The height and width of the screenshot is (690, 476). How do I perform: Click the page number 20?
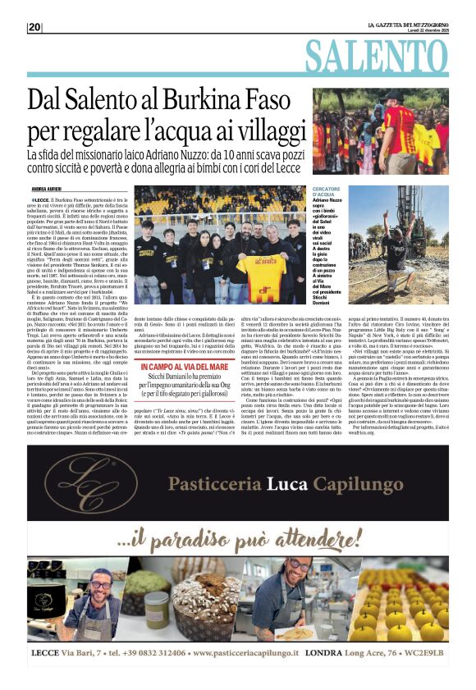[x=34, y=27]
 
